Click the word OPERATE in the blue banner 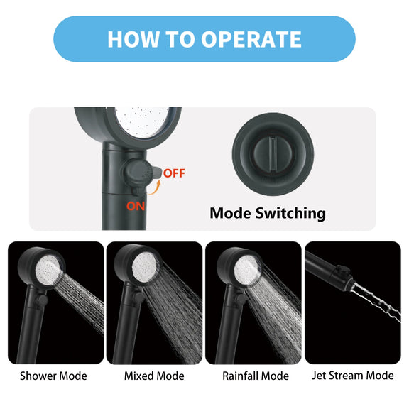[251, 39]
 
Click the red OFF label [174, 173]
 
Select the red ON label [136, 207]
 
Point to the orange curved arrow [156, 188]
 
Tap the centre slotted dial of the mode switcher [273, 154]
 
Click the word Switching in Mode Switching [290, 214]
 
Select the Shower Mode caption [53, 376]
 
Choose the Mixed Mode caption [154, 376]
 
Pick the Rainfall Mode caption [256, 376]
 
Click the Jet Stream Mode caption [353, 376]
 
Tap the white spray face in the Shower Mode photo [48, 270]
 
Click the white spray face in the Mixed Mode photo [145, 266]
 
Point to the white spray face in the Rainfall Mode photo [246, 270]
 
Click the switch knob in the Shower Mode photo [42, 300]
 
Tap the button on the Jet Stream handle [342, 270]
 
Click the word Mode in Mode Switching [230, 213]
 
